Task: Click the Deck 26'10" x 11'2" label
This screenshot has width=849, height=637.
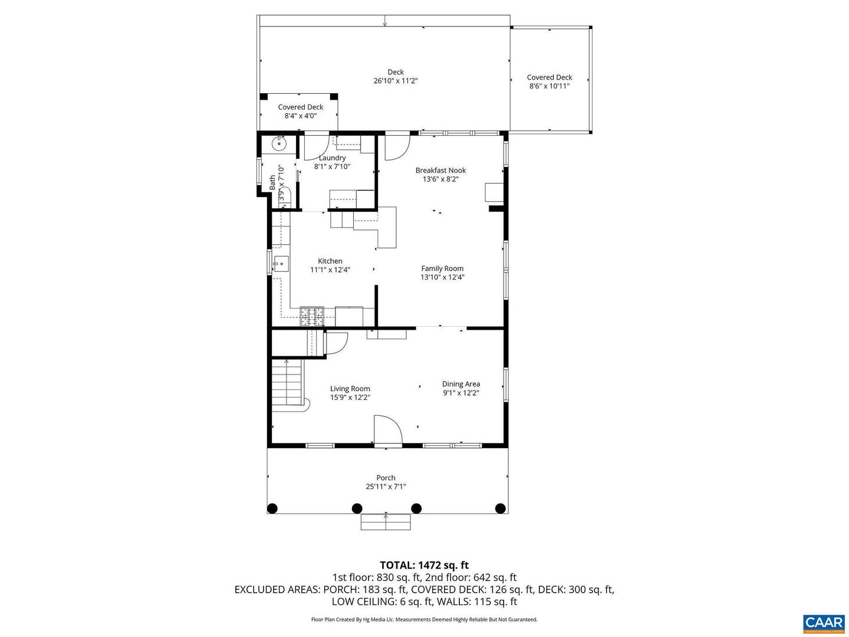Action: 396,77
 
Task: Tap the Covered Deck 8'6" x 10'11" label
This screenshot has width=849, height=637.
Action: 549,81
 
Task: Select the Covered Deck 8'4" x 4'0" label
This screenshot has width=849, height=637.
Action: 301,111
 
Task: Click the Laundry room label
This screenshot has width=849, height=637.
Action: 332,162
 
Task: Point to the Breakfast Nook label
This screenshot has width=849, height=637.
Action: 440,175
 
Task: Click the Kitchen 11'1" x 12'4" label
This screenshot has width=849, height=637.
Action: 330,265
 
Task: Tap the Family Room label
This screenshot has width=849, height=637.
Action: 442,272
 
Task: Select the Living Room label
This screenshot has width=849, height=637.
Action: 350,393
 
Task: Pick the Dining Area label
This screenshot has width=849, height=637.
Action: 461,388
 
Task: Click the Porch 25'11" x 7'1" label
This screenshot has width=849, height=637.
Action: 386,482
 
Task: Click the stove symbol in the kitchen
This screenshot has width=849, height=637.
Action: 312,317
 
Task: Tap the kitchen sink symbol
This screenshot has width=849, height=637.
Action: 281,264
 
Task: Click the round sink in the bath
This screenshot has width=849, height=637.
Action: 279,143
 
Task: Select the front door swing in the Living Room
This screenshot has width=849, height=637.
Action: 387,430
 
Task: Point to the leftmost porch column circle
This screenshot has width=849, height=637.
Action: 272,508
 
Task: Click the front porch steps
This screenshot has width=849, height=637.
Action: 386,522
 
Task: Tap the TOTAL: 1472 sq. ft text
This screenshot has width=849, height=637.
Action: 424,566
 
